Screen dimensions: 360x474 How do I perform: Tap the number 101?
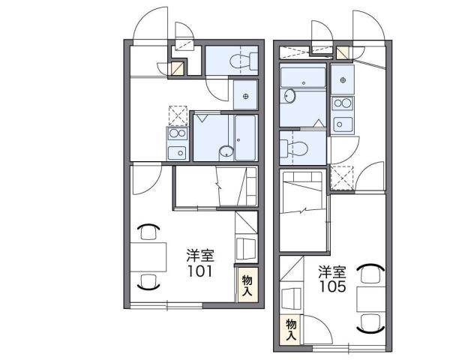(199, 271)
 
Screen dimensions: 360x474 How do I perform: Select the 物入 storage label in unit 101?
(246, 284)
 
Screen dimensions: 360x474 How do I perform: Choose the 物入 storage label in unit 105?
(291, 328)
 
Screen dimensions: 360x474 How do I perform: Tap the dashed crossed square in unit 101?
(178, 115)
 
